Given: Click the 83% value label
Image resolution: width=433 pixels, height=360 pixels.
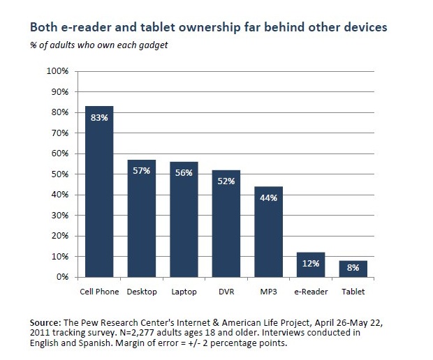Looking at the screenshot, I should coord(99,118).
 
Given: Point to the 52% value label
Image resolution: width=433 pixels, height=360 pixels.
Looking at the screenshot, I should coord(226,182).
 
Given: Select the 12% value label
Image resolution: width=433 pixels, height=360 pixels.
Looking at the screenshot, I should coord(311,264).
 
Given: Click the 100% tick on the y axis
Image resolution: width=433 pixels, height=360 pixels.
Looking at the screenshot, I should coord(57,71).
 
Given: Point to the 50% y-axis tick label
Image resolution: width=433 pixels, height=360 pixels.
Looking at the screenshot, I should coord(59,174).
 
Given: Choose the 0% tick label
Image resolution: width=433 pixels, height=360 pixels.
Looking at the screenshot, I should coord(62,277).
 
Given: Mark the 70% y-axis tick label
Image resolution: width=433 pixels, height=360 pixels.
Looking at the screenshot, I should coord(59,133).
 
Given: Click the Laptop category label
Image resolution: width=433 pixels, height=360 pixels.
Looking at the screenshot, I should coord(184,291).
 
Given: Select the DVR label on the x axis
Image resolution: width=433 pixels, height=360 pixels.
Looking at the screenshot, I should coord(226,291).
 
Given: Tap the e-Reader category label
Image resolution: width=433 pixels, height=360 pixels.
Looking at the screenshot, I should coord(311,291).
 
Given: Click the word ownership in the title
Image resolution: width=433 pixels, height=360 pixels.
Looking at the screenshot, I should coord(184,29).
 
